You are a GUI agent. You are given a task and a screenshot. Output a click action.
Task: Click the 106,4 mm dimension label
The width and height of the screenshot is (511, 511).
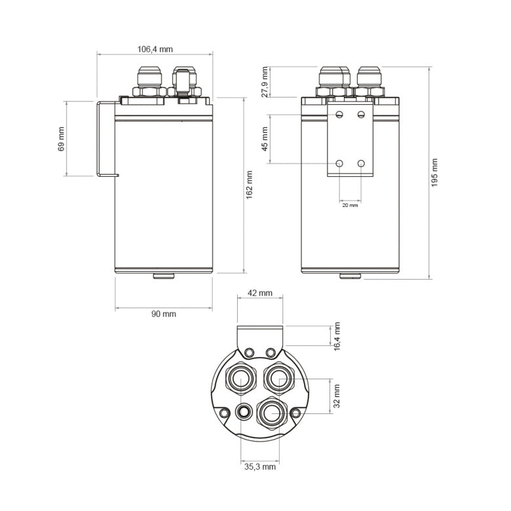pos(155,49)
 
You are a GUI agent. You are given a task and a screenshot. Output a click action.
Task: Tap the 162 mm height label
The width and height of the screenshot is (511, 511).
pos(250,185)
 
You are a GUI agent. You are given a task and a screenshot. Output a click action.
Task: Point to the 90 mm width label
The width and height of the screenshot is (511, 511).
pos(164,314)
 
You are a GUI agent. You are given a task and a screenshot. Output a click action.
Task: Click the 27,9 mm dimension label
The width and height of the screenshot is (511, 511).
pos(265,81)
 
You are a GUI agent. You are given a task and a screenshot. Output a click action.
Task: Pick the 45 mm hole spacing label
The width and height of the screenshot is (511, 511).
pos(265,139)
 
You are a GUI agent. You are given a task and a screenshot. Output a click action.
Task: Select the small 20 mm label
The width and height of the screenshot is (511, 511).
pos(350,205)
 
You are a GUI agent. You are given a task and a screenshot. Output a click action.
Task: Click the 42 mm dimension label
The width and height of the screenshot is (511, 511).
pos(260,293)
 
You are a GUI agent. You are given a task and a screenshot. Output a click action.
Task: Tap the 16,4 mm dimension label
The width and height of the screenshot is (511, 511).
pos(337,335)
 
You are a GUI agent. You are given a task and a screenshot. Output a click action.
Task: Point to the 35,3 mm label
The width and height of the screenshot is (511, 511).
pos(260,467)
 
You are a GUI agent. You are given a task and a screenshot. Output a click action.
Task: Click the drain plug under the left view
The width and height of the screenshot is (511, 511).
pos(164,276)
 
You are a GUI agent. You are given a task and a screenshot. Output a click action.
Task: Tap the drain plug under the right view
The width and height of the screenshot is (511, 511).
pos(350,276)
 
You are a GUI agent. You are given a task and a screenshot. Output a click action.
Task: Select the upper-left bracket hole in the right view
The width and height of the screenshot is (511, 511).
pos(339,115)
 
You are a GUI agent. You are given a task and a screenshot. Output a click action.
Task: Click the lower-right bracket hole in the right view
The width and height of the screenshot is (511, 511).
pos(361,163)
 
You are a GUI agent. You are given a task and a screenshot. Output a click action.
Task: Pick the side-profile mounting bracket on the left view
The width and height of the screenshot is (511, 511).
pos(105,139)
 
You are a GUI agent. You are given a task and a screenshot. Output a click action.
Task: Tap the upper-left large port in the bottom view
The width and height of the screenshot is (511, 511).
pos(240,378)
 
